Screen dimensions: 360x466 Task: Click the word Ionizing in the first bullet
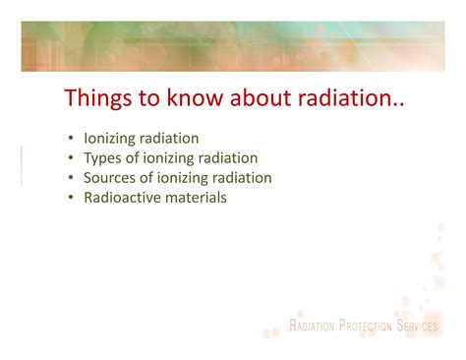point(109,140)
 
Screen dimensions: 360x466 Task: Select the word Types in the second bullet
point(103,158)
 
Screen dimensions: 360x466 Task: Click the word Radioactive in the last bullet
point(123,198)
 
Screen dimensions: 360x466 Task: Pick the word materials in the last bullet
point(196,198)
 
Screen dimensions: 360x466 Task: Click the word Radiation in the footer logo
point(313,327)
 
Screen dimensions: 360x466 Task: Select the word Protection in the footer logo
point(367,327)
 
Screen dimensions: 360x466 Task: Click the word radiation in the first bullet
point(169,140)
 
